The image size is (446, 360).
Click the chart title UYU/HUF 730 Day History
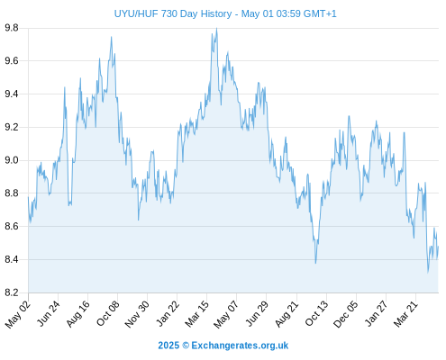[173, 13]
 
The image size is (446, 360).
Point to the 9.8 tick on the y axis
[12, 28]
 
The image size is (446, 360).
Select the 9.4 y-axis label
[12, 94]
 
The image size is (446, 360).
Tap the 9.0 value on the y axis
[12, 160]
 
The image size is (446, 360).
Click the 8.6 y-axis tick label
[12, 227]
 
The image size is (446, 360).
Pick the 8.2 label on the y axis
[12, 292]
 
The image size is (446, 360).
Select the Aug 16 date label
[78, 313]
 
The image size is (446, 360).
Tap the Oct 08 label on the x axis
[108, 313]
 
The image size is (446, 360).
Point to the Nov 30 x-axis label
[137, 314]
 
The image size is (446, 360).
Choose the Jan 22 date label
[168, 313]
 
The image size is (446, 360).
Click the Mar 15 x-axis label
[196, 314]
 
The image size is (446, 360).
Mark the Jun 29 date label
[257, 313]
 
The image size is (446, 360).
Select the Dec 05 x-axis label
[346, 314]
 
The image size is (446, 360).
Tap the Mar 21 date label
[405, 314]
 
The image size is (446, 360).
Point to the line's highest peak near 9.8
[216, 29]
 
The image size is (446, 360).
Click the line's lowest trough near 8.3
[428, 273]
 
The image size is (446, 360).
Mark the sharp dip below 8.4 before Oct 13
[315, 263]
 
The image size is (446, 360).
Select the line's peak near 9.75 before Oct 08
[111, 37]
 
